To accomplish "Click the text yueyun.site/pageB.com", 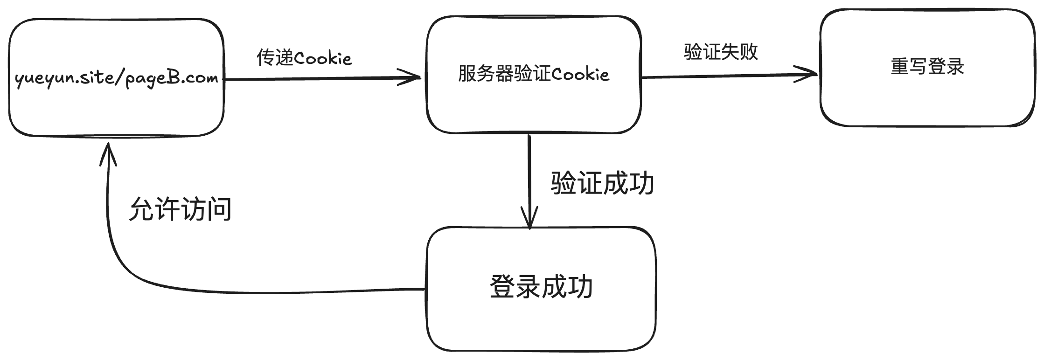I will coord(117,78).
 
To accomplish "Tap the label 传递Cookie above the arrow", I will coord(304,58).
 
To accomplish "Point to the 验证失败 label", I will coord(721,52).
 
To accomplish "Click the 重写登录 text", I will coord(927,67).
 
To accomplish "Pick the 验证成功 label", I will coord(602,183).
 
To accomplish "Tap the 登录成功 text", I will coord(541,287).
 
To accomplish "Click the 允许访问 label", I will coord(180,209).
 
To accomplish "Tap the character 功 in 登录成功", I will coord(580,287).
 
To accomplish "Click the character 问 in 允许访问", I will coord(219,209).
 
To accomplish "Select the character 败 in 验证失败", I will coord(749,52).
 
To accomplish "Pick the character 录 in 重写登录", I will coord(955,67).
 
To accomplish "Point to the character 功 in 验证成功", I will coord(641,183).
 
